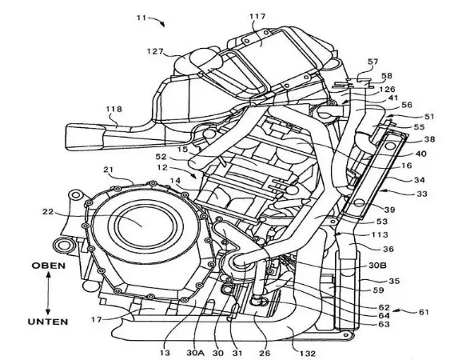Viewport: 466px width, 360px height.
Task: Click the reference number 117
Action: pyautogui.click(x=257, y=17)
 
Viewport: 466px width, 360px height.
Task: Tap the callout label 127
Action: pyautogui.click(x=155, y=51)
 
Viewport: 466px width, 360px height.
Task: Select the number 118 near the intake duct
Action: pyautogui.click(x=114, y=109)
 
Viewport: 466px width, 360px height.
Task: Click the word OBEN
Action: pyautogui.click(x=49, y=266)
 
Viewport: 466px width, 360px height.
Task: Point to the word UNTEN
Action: pyautogui.click(x=48, y=322)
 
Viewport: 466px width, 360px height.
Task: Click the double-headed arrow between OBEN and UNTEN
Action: pyautogui.click(x=48, y=294)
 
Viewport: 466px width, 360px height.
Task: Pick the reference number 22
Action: pyautogui.click(x=48, y=212)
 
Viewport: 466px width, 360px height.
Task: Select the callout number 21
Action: pyautogui.click(x=108, y=170)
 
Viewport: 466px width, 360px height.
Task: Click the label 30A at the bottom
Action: pyautogui.click(x=196, y=353)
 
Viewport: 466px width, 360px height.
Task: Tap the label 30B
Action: pyautogui.click(x=377, y=265)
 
